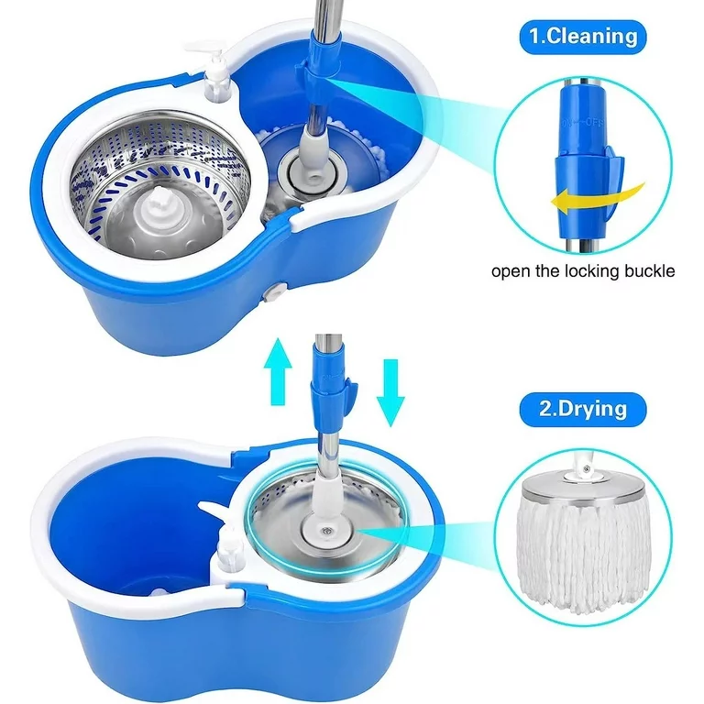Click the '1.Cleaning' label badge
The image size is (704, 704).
[x=583, y=37]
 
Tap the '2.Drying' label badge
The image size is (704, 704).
[x=583, y=409]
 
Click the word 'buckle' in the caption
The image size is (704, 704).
[x=647, y=270]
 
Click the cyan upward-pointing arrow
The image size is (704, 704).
[x=278, y=372]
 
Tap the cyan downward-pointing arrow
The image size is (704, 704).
[x=390, y=392]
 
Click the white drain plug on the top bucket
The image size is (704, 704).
[x=273, y=293]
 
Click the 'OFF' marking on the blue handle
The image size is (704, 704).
[x=595, y=123]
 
